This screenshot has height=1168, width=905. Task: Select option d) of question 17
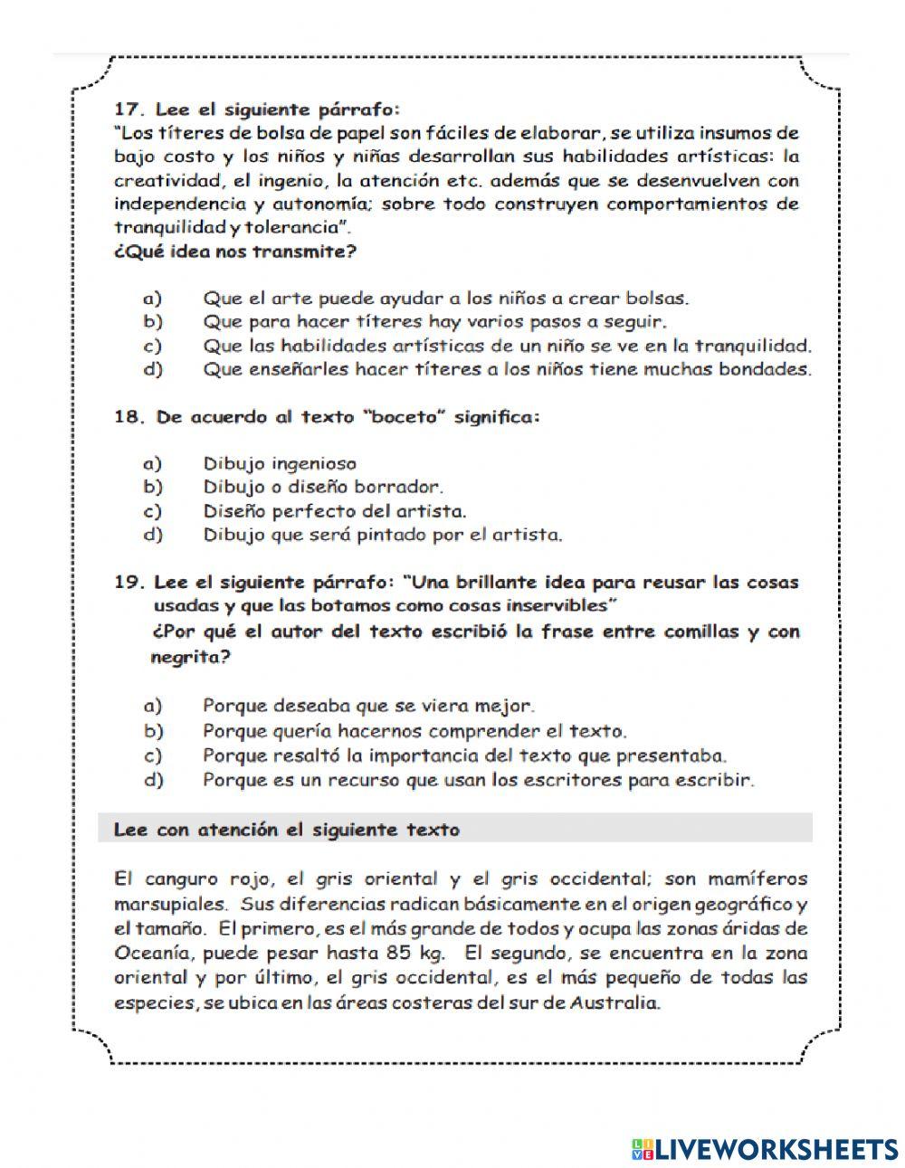coord(152,369)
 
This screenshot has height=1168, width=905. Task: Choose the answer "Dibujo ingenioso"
coord(280,464)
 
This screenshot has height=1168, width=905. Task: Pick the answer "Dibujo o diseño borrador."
coord(323,488)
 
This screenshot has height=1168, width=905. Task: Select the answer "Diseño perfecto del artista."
coord(335,511)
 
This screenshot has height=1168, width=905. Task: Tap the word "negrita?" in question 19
coord(190,658)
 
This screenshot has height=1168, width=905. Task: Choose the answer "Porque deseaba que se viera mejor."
coord(368,706)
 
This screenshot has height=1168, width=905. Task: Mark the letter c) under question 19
coord(152,755)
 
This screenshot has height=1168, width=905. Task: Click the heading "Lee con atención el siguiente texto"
coord(287,830)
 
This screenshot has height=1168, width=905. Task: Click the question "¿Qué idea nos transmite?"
coord(235,252)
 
